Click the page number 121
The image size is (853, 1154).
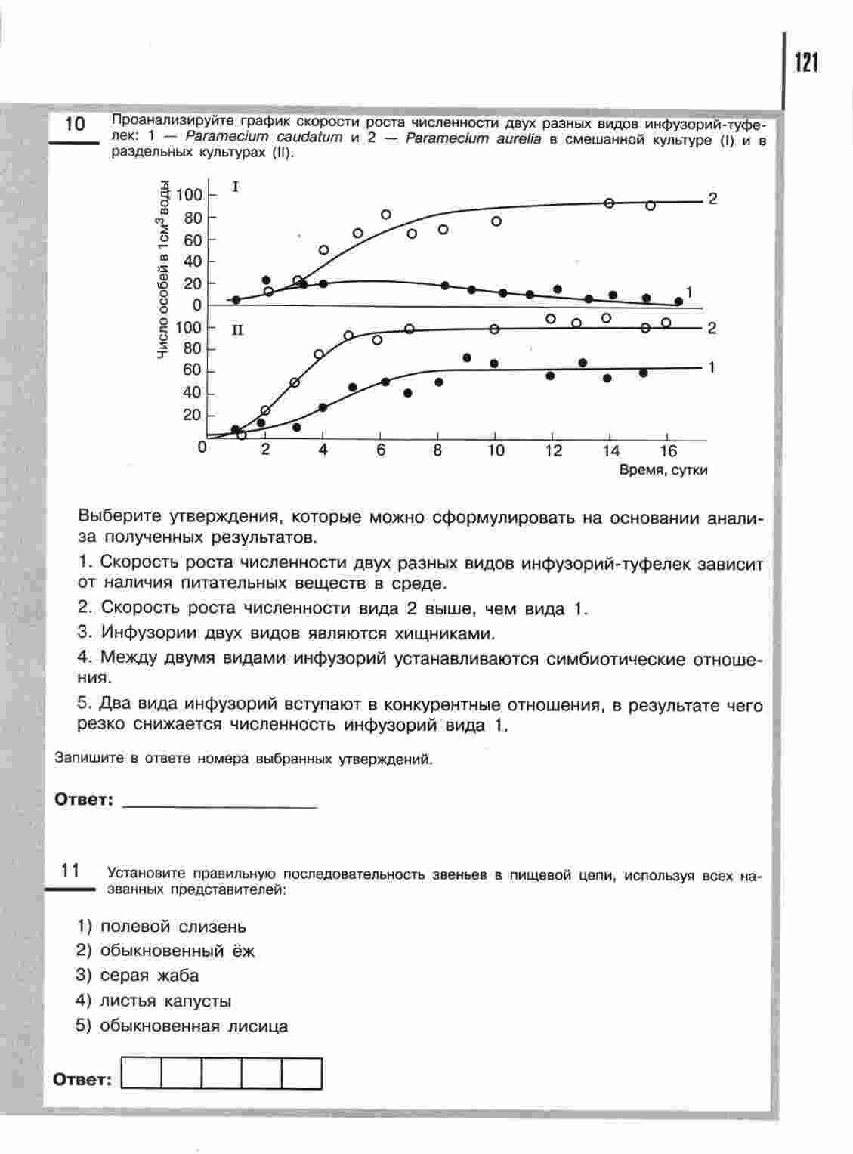point(806,63)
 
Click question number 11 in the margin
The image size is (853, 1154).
point(70,871)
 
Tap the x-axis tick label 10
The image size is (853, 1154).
point(495,450)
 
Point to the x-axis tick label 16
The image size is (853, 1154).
point(668,450)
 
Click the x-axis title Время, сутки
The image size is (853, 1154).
point(663,470)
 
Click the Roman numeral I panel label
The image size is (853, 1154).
point(236,186)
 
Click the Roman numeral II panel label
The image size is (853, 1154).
point(237,330)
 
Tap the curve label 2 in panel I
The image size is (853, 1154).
point(712,199)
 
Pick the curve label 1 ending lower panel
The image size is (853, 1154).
point(712,367)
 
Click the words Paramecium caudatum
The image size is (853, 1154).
point(264,138)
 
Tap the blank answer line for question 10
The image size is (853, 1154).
point(219,801)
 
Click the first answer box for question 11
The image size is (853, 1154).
point(141,1073)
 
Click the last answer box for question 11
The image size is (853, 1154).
point(302,1073)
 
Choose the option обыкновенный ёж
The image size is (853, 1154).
point(177,951)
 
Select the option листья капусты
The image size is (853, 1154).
point(165,1001)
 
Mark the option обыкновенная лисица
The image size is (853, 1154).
point(193,1026)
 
